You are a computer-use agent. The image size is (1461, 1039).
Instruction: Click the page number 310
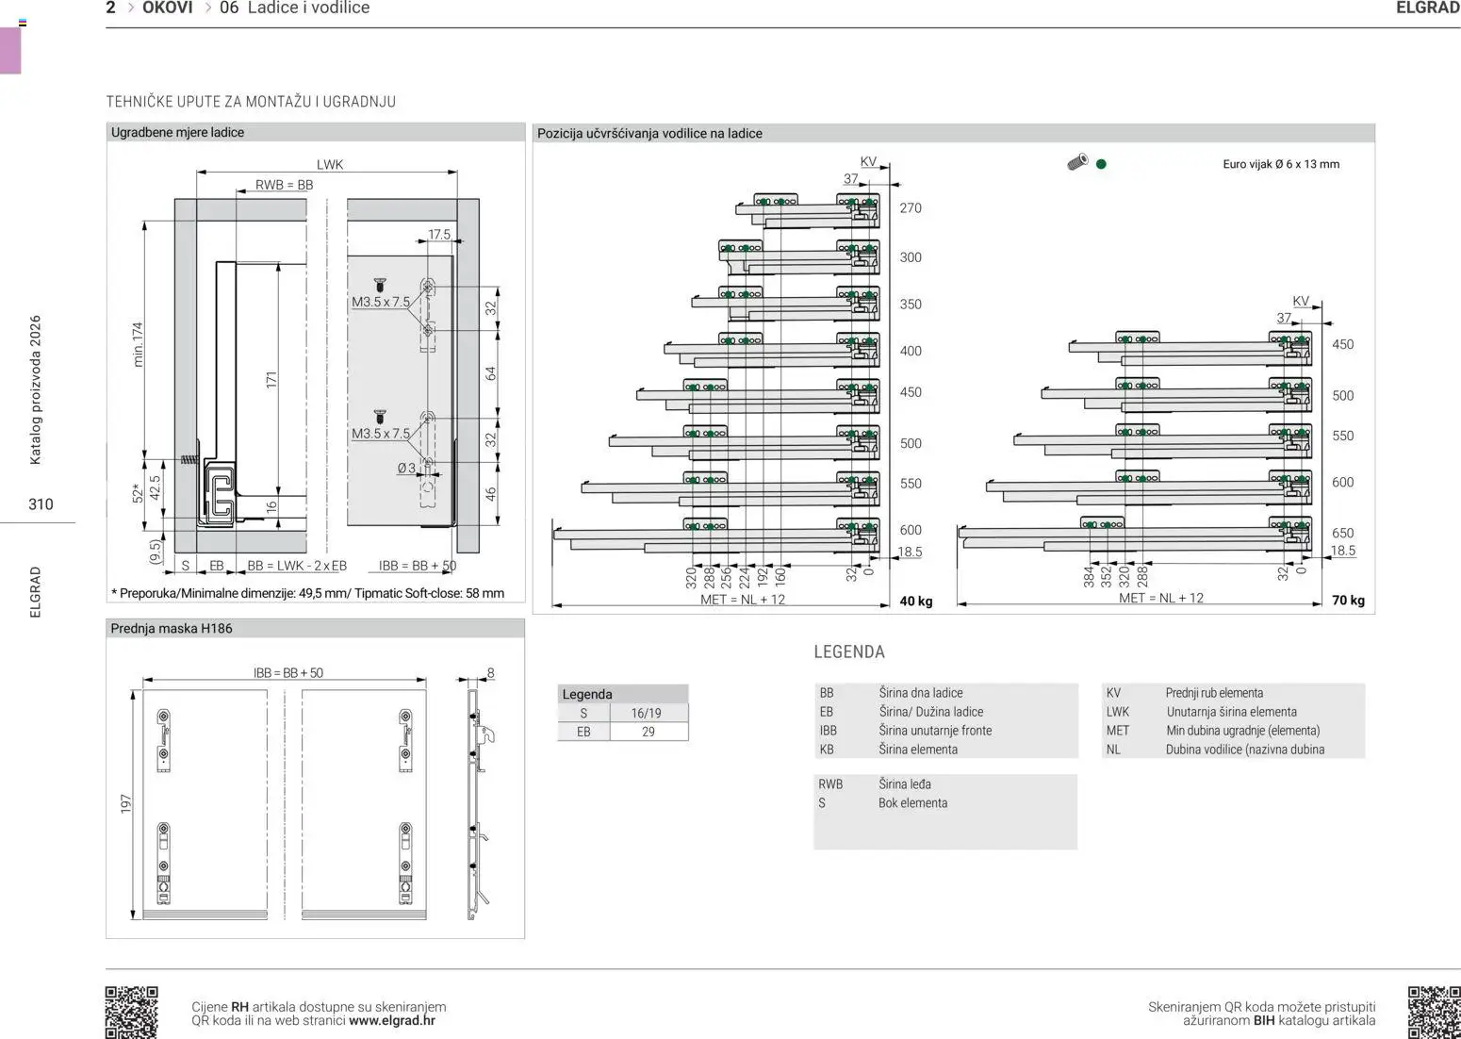coord(41,504)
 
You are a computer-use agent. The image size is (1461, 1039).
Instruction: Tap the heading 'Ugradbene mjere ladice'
coord(177,132)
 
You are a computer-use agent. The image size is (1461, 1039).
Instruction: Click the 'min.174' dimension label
coord(138,344)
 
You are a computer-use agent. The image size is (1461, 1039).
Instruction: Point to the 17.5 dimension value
coord(439,234)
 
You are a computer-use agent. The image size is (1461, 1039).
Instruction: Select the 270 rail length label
coord(911,208)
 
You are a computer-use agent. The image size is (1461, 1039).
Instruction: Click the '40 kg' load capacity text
coord(916,602)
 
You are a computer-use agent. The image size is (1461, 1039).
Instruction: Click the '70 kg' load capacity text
coord(1348,601)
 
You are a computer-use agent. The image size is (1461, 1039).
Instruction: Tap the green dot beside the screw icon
coord(1101,164)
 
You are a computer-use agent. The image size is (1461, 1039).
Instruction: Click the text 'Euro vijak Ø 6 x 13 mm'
coord(1281,164)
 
